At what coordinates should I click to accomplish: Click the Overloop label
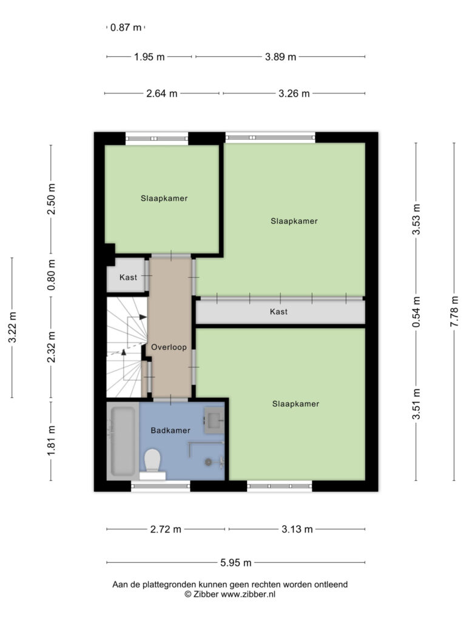169,347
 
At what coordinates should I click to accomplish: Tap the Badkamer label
171,431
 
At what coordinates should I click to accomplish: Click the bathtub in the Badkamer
123,441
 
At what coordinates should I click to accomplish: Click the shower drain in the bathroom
209,462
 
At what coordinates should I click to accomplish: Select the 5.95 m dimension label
236,562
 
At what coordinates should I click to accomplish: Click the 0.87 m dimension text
126,27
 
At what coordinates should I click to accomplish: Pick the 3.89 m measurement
280,56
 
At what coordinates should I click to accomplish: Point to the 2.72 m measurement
166,529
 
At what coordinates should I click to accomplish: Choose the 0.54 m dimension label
416,312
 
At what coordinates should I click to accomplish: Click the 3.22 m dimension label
13,327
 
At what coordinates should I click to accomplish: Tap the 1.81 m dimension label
52,440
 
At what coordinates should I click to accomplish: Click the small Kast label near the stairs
129,277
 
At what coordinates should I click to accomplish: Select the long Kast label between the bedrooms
279,312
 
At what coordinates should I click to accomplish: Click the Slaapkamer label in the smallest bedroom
164,198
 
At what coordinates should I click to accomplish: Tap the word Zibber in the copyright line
206,594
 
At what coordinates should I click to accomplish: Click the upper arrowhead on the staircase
143,317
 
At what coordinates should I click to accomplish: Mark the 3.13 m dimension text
297,529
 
